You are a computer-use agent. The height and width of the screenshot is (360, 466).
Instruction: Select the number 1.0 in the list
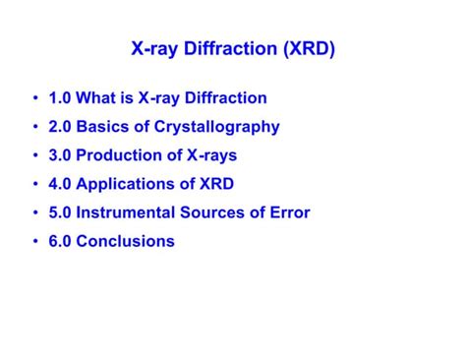click(59, 98)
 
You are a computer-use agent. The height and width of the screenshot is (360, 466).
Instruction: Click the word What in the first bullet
click(97, 98)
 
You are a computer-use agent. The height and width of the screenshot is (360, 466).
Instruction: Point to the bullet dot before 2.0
click(35, 127)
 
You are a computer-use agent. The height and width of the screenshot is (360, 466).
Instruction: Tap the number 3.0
click(59, 155)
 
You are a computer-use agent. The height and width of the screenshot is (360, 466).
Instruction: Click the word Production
click(123, 155)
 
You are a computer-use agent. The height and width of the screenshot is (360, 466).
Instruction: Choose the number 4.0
click(59, 184)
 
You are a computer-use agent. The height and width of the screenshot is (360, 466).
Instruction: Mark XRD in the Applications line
click(214, 184)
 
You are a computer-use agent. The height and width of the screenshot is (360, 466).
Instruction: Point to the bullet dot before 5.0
click(35, 212)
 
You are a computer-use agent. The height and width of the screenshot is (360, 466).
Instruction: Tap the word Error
click(289, 212)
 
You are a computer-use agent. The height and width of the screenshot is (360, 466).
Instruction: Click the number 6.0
click(59, 241)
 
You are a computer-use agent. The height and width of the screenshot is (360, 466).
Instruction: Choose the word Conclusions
click(126, 241)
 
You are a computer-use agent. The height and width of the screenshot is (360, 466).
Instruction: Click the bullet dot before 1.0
click(35, 98)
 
